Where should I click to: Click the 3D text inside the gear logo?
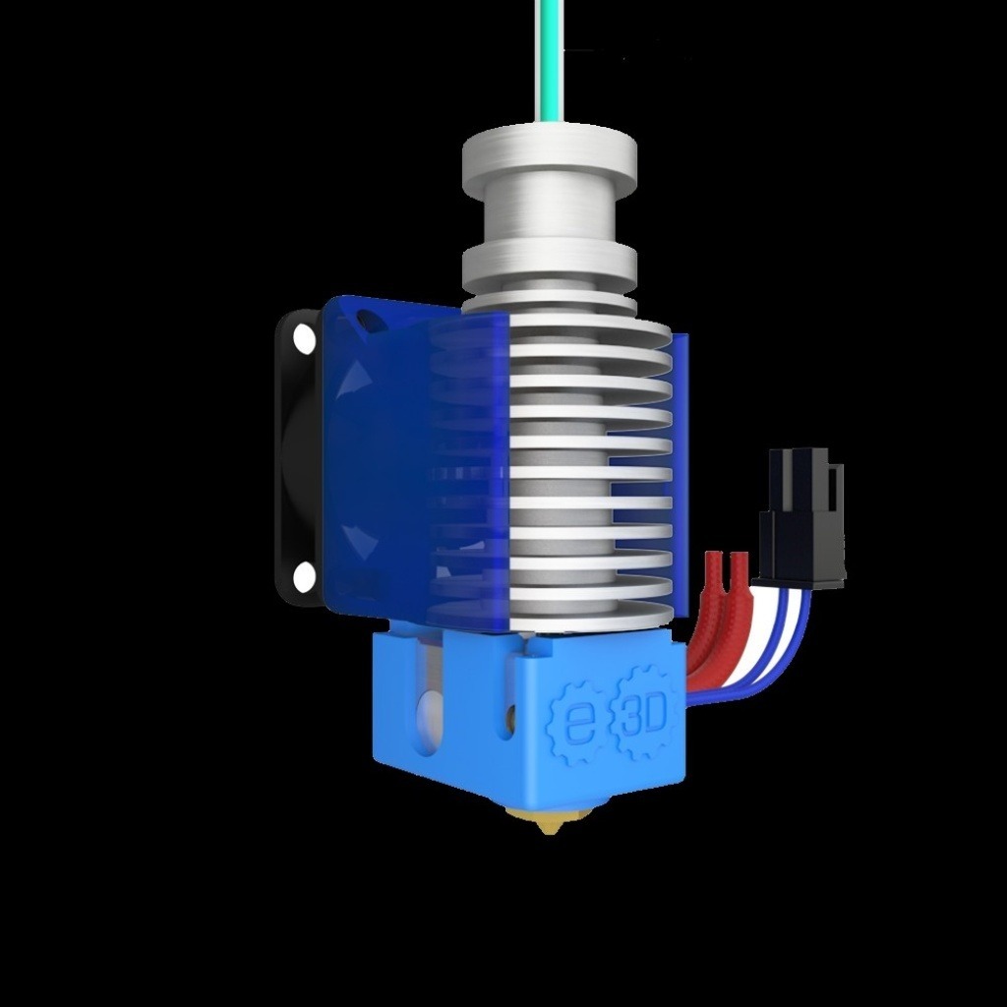644,713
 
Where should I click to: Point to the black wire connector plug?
802,517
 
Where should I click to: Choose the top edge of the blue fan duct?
393,304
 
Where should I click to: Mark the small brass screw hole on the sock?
508,721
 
